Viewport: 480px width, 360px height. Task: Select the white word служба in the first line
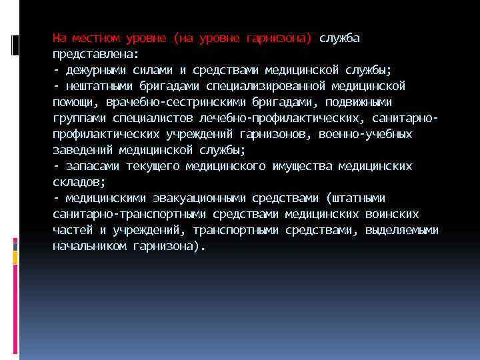point(339,38)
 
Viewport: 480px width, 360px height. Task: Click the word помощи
point(73,102)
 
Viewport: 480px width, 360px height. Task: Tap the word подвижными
point(357,102)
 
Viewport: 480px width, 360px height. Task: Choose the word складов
point(79,182)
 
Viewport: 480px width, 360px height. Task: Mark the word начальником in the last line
point(89,246)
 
